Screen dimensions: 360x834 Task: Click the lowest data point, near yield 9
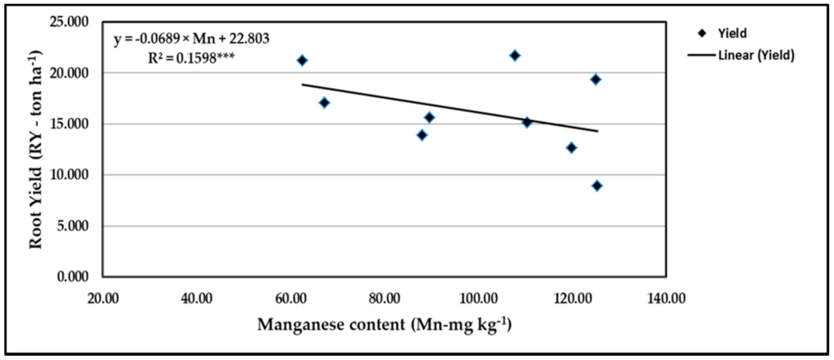(597, 186)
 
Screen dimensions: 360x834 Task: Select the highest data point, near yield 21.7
(515, 55)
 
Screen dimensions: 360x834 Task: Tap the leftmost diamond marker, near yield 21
(302, 60)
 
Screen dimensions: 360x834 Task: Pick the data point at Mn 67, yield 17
(325, 103)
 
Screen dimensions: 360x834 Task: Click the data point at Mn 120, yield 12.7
(571, 148)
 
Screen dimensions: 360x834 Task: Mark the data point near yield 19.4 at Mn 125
(595, 79)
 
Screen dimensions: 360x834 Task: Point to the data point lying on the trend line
(527, 122)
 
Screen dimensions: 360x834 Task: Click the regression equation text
(192, 39)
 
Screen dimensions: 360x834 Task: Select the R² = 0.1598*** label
(191, 58)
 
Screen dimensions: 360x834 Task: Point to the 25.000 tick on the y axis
(69, 22)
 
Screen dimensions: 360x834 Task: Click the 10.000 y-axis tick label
(69, 175)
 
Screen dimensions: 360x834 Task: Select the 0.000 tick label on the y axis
(73, 276)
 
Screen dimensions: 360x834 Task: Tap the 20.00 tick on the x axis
(103, 298)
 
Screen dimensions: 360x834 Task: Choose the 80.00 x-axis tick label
(384, 298)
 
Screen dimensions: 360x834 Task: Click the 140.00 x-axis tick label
(666, 298)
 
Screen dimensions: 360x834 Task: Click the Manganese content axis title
(384, 324)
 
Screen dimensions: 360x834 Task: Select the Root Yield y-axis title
(36, 150)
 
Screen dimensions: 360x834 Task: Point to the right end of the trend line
(597, 131)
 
